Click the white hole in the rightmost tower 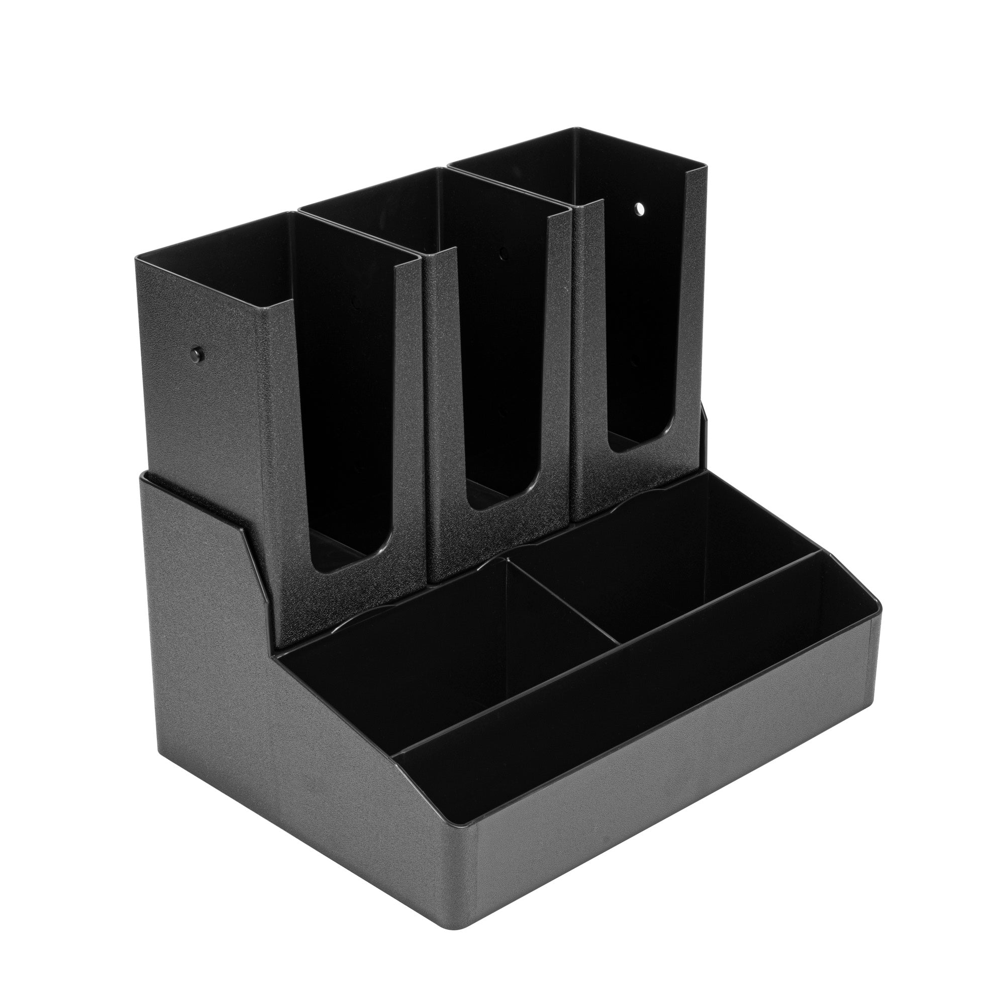pyautogui.click(x=639, y=209)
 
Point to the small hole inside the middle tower pyautogui.click(x=502, y=254)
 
